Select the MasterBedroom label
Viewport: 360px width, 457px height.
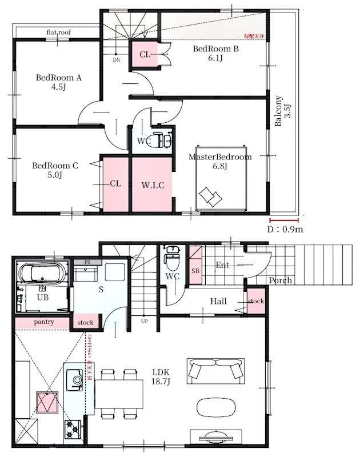(x=220, y=157)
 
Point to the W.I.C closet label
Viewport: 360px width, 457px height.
(x=153, y=185)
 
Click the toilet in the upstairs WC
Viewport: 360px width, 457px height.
(x=158, y=140)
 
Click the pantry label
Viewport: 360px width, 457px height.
(x=43, y=322)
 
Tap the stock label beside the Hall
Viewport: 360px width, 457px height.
(x=256, y=301)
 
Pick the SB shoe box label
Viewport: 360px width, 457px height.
(x=195, y=270)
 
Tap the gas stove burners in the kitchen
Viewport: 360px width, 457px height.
(x=73, y=425)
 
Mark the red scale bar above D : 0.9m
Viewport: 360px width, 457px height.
(x=284, y=220)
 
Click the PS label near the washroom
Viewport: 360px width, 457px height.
(x=87, y=262)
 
